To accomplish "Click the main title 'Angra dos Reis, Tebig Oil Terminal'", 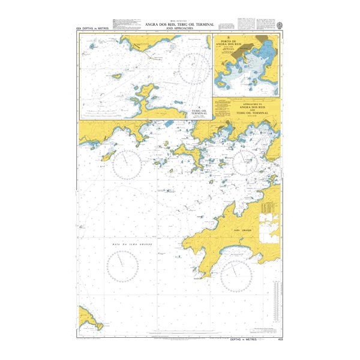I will [x=179, y=24].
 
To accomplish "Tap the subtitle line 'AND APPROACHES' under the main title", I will [x=179, y=28].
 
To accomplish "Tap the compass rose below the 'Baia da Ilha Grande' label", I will [x=122, y=264].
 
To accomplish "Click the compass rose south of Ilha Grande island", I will [x=236, y=276].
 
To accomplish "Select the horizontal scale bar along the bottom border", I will [x=180, y=337].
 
